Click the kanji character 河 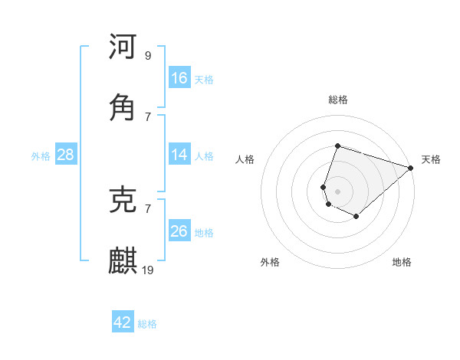pyautogui.click(x=123, y=47)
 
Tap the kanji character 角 pyautogui.click(x=123, y=108)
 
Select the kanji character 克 pyautogui.click(x=123, y=201)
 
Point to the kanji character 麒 pyautogui.click(x=123, y=262)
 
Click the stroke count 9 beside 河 pyautogui.click(x=148, y=55)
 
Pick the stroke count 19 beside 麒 pyautogui.click(x=149, y=270)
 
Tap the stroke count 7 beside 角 pyautogui.click(x=148, y=116)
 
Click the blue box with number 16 pyautogui.click(x=179, y=78)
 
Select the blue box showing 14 pyautogui.click(x=179, y=155)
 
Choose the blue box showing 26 pyautogui.click(x=179, y=231)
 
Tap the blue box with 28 pyautogui.click(x=66, y=155)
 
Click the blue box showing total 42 pyautogui.click(x=123, y=322)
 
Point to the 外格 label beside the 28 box pyautogui.click(x=41, y=156)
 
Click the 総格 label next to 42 pyautogui.click(x=147, y=324)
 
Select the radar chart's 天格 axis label pyautogui.click(x=431, y=160)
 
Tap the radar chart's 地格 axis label pyautogui.click(x=402, y=263)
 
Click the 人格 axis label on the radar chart pyautogui.click(x=245, y=160)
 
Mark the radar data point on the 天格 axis pyautogui.click(x=411, y=168)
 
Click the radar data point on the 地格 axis pyautogui.click(x=356, y=217)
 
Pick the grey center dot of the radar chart pyautogui.click(x=338, y=191)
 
